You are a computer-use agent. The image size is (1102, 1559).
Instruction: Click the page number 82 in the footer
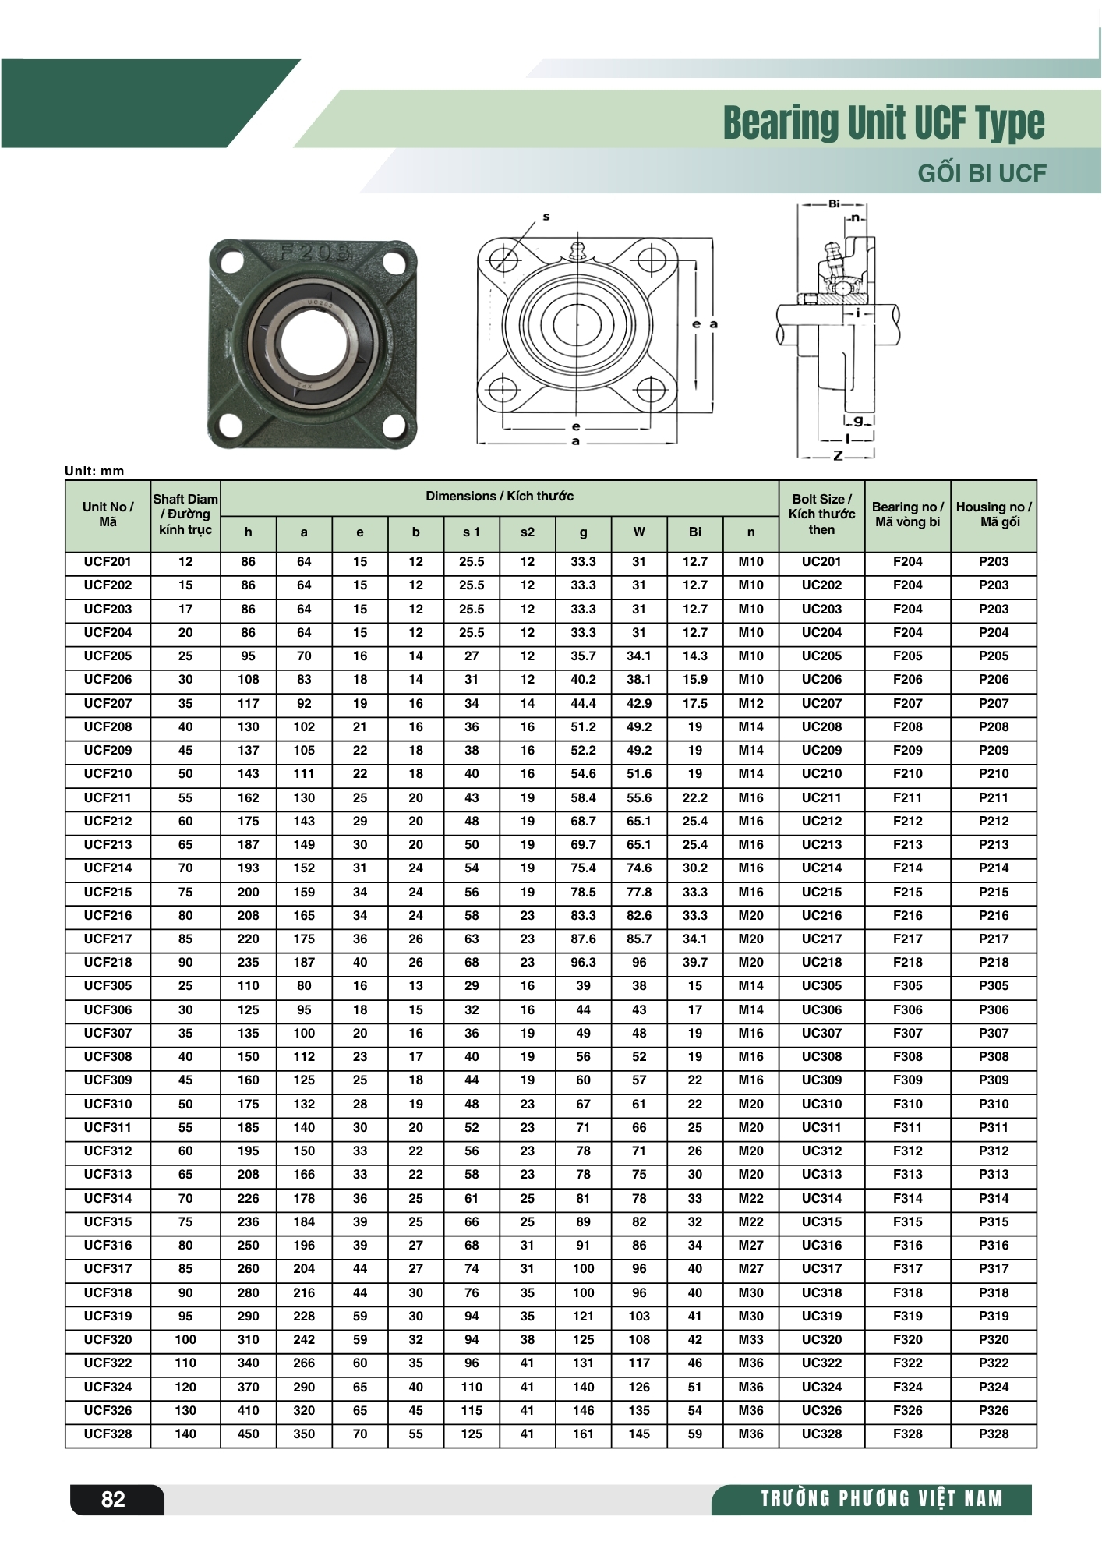[x=113, y=1499]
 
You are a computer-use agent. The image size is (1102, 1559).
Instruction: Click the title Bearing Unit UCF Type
[x=884, y=123]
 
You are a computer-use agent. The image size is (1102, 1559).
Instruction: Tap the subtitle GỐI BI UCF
[x=981, y=172]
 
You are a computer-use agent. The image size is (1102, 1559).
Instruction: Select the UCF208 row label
[x=108, y=726]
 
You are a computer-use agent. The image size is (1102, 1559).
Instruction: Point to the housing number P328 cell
[x=994, y=1434]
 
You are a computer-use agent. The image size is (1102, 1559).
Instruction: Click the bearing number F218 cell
[x=908, y=962]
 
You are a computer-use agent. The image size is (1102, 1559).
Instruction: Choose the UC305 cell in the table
[x=821, y=985]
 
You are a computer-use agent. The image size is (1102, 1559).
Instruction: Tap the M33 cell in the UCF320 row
[x=751, y=1339]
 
